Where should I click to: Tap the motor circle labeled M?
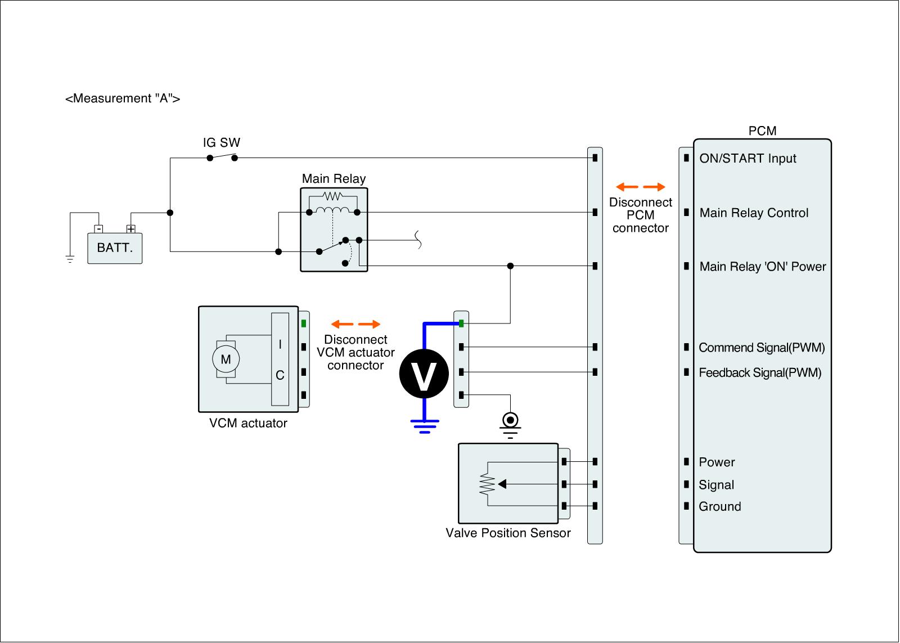(226, 359)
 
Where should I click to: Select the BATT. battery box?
(115, 248)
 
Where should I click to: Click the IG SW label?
(221, 142)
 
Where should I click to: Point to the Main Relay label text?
(334, 179)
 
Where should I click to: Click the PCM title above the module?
(762, 131)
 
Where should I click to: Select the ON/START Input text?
(748, 159)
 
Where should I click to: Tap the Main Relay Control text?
(754, 213)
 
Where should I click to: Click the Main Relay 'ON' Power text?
(762, 267)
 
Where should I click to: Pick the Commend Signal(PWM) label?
(762, 348)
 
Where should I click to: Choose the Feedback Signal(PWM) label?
(760, 372)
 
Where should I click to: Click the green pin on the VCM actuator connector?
(303, 323)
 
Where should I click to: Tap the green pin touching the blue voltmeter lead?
(461, 323)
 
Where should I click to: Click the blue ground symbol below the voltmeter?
(425, 425)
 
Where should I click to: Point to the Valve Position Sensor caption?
(508, 533)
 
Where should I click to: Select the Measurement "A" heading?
(123, 99)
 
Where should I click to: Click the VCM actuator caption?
(248, 424)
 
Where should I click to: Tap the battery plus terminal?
(130, 229)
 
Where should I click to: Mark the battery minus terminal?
(98, 229)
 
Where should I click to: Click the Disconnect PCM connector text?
(640, 215)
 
